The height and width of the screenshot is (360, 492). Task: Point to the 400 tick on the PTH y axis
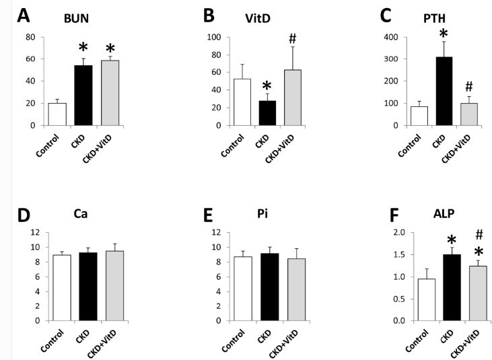372,37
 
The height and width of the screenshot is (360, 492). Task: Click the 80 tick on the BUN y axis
30,37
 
